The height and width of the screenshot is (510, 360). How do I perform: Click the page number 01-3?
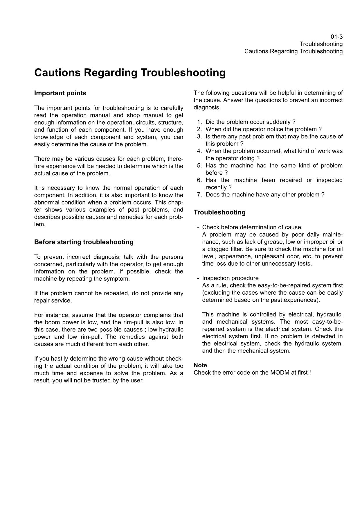[336, 37]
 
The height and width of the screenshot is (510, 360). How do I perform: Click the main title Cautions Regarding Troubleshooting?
[130, 73]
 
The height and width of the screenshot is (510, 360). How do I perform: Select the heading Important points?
[60, 93]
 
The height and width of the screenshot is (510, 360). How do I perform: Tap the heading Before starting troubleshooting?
[84, 242]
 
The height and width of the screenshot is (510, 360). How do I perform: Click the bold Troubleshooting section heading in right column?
[219, 212]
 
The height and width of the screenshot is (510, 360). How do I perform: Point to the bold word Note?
[200, 365]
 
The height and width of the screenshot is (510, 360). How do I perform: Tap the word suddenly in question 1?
[279, 122]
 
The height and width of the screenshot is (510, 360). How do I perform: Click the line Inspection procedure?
[230, 278]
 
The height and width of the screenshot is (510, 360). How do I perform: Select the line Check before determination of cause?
[251, 227]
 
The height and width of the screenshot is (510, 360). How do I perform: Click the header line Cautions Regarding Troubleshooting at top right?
[293, 51]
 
